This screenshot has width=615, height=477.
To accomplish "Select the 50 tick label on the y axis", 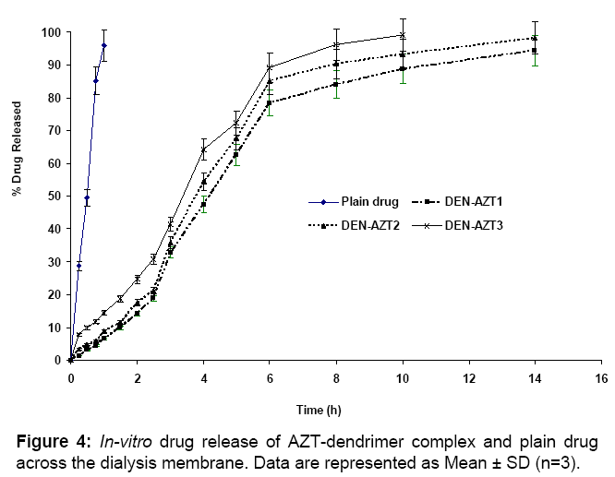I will [x=54, y=197].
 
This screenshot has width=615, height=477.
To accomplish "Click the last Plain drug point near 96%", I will [x=104, y=45].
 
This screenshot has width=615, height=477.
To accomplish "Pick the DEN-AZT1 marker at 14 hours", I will [x=535, y=51].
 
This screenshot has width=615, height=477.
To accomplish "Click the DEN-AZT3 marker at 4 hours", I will [x=203, y=149].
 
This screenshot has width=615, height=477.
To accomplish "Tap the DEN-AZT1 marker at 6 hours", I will [x=270, y=102].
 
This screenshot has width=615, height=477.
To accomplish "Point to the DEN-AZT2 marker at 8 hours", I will [x=336, y=64].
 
